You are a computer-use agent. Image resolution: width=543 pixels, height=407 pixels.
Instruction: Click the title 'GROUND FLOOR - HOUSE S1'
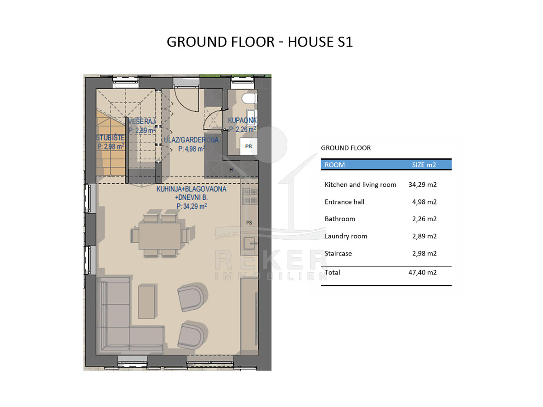[259, 42]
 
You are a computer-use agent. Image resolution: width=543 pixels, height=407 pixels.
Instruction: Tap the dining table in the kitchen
[160, 236]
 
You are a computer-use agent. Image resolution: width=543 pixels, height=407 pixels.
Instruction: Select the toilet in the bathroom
[249, 99]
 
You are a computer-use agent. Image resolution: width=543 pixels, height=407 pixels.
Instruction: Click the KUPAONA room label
[242, 120]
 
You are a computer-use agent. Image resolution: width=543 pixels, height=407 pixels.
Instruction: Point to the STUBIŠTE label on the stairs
[110, 137]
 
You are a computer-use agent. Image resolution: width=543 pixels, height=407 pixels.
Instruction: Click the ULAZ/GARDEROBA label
[191, 140]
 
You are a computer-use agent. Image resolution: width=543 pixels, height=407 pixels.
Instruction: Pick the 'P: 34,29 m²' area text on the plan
[192, 206]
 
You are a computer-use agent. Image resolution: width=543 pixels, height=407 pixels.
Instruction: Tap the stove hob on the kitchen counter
[250, 196]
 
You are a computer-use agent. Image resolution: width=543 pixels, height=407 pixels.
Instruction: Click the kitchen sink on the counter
[249, 243]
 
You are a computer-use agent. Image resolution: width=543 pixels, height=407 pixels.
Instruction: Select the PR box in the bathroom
[248, 146]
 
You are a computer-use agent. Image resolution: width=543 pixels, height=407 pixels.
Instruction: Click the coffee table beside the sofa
[147, 302]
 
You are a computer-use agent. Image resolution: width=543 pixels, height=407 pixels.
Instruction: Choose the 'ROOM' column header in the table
[334, 165]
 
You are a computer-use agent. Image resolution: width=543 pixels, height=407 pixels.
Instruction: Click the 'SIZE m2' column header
[424, 165]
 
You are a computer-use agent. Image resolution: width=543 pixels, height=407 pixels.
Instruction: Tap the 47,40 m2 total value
[423, 272]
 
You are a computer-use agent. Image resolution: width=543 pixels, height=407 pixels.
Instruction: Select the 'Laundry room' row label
[346, 236]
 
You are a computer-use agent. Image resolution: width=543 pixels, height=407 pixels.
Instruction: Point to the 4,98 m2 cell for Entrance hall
[424, 202]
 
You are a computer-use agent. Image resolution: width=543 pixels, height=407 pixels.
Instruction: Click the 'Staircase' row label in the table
[338, 253]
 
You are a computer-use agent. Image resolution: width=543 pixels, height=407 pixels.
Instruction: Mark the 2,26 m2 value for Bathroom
[424, 219]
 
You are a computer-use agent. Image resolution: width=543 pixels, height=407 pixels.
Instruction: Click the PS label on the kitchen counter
[249, 222]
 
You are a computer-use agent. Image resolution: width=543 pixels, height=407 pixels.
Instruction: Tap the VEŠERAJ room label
[142, 121]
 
